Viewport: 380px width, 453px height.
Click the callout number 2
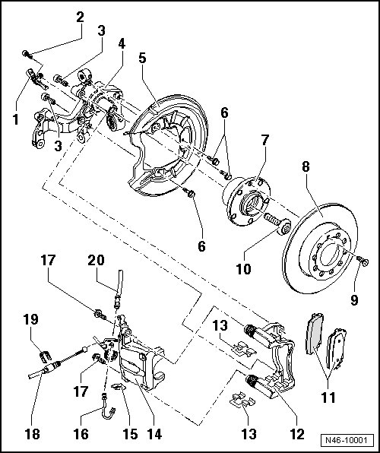click(x=80, y=17)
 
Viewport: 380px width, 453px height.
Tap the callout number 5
click(x=142, y=58)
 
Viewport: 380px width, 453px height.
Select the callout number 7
click(x=265, y=141)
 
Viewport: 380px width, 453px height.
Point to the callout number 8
click(x=306, y=166)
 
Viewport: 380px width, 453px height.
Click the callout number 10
click(x=244, y=269)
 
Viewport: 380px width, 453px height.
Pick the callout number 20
click(x=96, y=260)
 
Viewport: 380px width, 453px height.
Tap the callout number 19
click(x=31, y=319)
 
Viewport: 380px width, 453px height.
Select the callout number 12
click(x=296, y=434)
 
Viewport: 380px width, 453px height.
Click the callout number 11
click(x=328, y=398)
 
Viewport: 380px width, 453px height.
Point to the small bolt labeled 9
click(x=363, y=260)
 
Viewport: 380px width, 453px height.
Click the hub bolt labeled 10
click(x=277, y=224)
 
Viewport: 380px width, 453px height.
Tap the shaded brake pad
click(x=315, y=334)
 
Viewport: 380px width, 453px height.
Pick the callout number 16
click(x=81, y=434)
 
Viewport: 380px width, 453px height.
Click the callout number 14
click(x=154, y=434)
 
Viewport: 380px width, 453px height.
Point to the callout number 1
click(x=16, y=119)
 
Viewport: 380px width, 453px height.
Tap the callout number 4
click(x=122, y=43)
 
